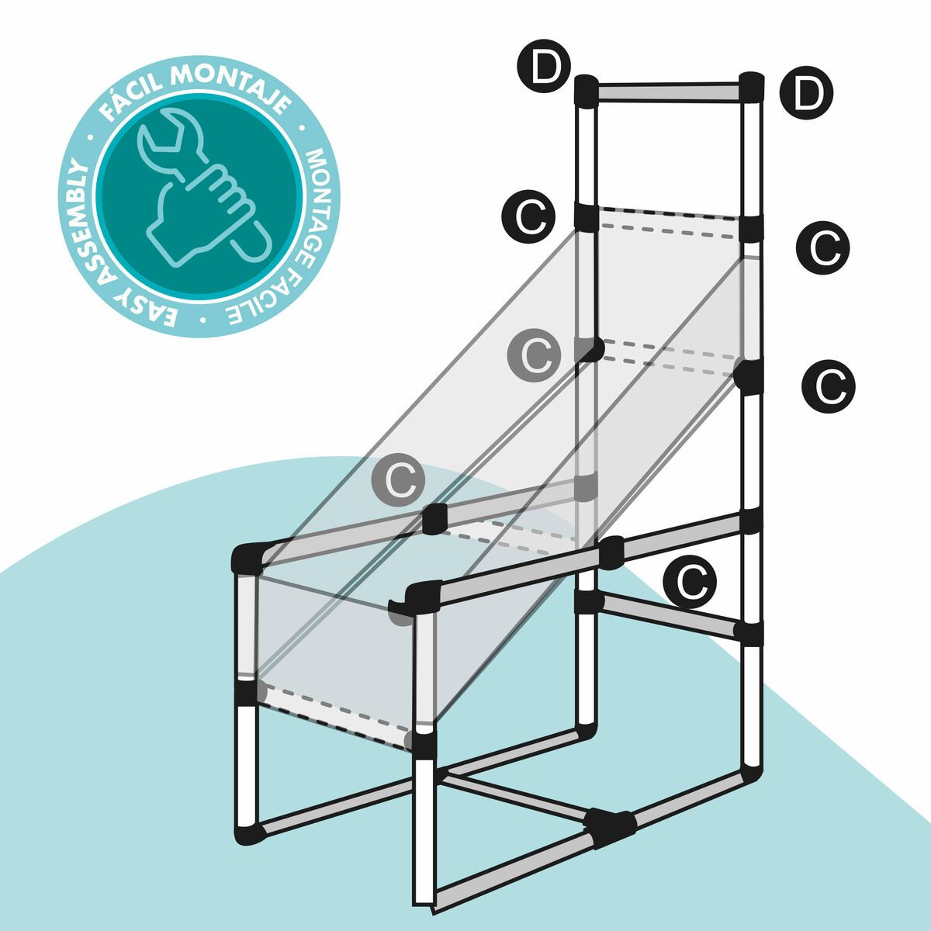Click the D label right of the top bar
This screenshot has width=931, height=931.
click(x=807, y=95)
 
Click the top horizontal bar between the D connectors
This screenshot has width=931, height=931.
click(x=667, y=91)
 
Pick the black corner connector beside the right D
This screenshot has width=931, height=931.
click(x=750, y=88)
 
